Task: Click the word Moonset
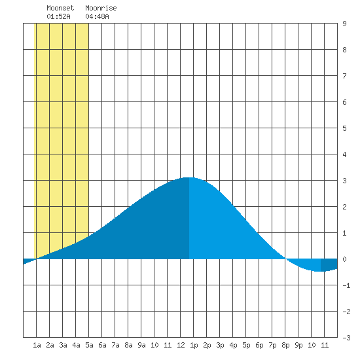(x=60, y=8)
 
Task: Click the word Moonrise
(x=101, y=8)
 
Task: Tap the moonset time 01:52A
(x=58, y=16)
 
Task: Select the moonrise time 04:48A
(x=97, y=16)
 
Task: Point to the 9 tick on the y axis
(x=344, y=24)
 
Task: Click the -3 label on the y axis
(x=346, y=338)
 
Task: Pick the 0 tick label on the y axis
(x=344, y=259)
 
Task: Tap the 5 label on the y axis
(x=344, y=128)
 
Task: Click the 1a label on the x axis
(x=37, y=345)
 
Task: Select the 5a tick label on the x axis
(x=89, y=345)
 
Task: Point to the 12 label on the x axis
(x=181, y=345)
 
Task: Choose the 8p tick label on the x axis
(x=285, y=345)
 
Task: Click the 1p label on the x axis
(x=194, y=345)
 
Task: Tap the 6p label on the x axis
(x=259, y=345)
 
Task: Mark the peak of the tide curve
(x=189, y=177)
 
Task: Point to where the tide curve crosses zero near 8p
(x=285, y=259)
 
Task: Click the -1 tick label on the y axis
(x=346, y=285)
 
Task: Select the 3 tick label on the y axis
(x=344, y=181)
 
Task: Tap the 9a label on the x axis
(x=141, y=345)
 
